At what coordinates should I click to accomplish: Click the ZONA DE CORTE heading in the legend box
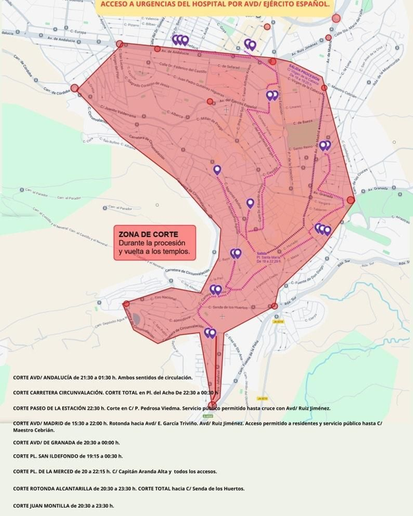[148, 234]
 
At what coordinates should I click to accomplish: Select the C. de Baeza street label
[303, 122]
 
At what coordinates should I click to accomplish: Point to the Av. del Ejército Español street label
[238, 104]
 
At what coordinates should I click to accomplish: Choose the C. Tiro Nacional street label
[163, 298]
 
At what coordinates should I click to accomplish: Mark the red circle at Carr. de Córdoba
[75, 88]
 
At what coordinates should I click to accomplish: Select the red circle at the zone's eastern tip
[351, 200]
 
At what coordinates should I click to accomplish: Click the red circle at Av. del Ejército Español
[210, 101]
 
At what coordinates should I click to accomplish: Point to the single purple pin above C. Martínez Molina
[217, 170]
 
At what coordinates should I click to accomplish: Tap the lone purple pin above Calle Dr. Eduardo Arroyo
[250, 203]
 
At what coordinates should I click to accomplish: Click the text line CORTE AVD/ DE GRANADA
[66, 442]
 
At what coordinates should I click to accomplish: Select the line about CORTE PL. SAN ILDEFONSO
[68, 456]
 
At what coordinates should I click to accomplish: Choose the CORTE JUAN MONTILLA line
[63, 506]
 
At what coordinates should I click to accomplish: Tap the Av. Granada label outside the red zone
[378, 189]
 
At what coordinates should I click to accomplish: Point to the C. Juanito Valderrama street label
[118, 112]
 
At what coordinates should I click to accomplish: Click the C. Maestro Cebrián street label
[342, 91]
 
